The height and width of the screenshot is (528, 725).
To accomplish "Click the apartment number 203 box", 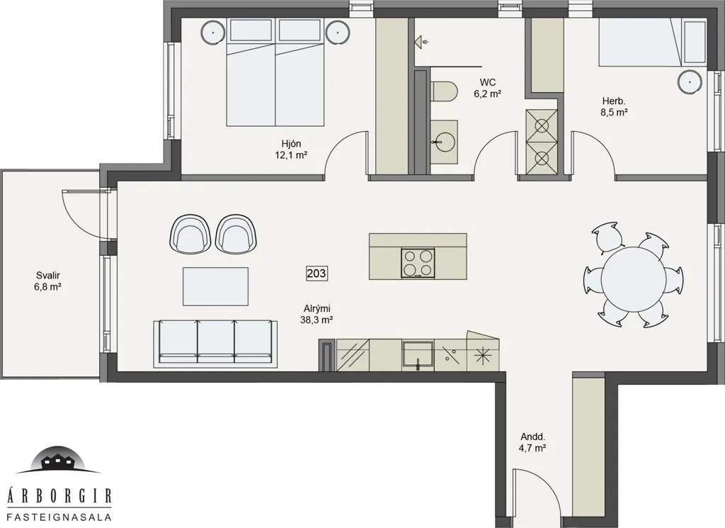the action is click(x=316, y=274).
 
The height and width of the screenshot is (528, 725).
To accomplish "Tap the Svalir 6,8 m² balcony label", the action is click(x=48, y=281).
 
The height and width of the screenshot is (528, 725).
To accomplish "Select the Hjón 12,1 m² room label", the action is click(x=292, y=149).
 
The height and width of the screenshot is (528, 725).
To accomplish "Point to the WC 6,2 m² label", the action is click(x=488, y=88).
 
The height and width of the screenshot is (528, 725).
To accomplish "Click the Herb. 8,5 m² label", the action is click(x=614, y=106).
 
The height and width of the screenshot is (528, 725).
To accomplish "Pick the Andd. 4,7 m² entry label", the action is click(x=534, y=442).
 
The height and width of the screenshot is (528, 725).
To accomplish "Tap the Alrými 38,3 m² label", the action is click(x=316, y=314).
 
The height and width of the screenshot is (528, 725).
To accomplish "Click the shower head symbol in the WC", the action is click(x=421, y=42).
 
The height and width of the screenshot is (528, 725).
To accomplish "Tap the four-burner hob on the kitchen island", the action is click(x=418, y=263).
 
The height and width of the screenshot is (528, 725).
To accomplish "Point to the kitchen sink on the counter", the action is click(x=418, y=355).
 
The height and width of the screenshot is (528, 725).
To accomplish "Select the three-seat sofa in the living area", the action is click(x=215, y=342).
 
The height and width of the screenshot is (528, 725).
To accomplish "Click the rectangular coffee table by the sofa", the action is click(x=215, y=286).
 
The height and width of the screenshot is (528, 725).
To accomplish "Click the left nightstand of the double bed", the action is click(x=213, y=33).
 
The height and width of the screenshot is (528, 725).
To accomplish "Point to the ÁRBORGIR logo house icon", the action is click(x=57, y=461).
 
